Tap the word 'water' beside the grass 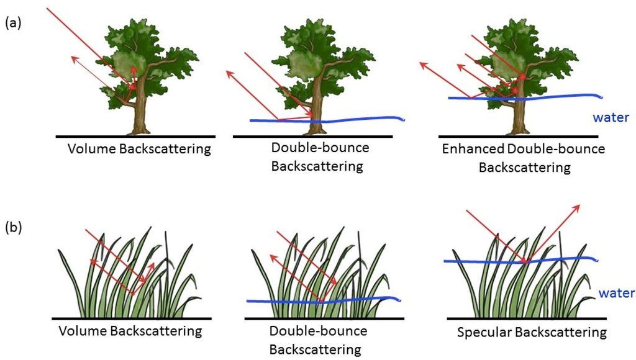615,292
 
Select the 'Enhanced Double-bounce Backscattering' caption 523,158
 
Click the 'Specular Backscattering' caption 531,333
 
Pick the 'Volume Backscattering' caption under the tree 140,149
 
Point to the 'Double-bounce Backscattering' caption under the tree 320,157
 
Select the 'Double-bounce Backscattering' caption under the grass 319,340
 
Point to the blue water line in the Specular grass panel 472,261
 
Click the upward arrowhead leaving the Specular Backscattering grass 579,207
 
